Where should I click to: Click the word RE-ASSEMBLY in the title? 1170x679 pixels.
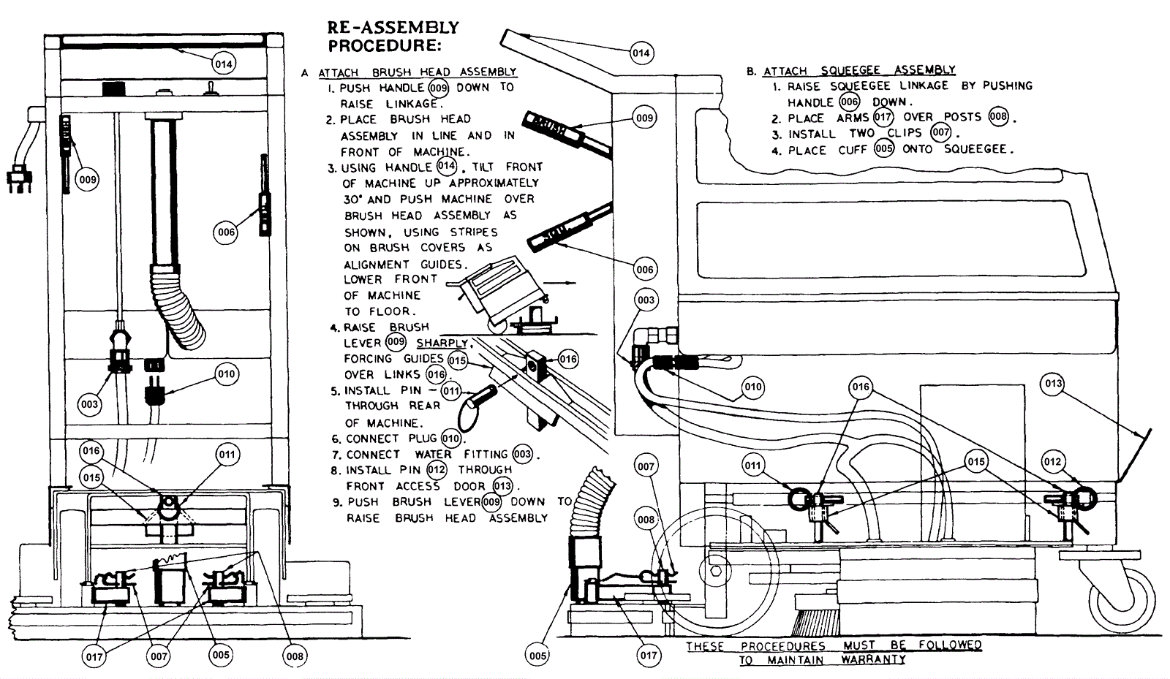click(393, 27)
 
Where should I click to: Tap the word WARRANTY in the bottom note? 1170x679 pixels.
click(873, 660)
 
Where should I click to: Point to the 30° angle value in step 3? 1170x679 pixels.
click(354, 200)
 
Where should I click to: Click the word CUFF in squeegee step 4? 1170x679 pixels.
click(853, 151)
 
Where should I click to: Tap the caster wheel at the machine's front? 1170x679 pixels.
click(1124, 600)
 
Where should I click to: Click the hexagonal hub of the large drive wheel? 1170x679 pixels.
click(716, 571)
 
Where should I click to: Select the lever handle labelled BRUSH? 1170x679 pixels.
click(567, 134)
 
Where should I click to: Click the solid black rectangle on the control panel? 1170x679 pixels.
click(114, 88)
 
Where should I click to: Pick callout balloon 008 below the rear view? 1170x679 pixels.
click(295, 656)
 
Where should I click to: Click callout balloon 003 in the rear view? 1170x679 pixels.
click(89, 404)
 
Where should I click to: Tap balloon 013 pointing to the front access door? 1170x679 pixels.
click(1053, 384)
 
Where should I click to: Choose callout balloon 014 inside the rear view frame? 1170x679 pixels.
click(224, 64)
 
